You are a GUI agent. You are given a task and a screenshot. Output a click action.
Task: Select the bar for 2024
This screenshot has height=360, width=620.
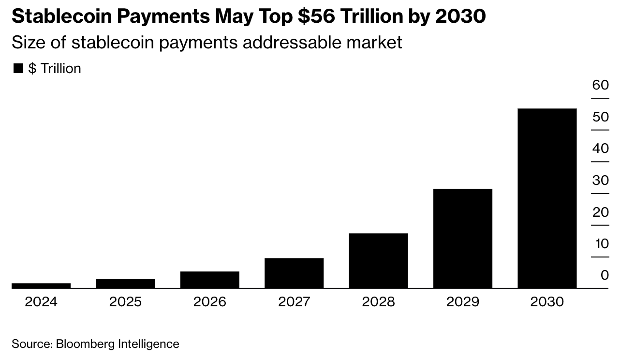[41, 285]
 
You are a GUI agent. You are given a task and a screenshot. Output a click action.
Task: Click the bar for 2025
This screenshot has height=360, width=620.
[125, 284]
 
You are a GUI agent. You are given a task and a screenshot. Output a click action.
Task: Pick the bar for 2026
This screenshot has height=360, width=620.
[209, 280]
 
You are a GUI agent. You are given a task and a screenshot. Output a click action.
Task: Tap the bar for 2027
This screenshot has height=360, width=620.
[294, 273]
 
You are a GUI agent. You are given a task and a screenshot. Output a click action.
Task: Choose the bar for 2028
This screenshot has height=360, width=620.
[378, 261]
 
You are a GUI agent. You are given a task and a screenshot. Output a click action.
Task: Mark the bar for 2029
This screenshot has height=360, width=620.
[462, 239]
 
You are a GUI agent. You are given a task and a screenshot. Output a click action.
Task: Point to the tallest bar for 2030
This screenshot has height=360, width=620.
[547, 198]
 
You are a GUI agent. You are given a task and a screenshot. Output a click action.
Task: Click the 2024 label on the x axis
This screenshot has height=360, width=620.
[41, 302]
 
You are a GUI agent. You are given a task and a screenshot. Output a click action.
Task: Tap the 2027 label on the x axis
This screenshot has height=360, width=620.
[294, 302]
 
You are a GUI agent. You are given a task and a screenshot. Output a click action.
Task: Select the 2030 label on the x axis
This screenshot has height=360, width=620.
[547, 302]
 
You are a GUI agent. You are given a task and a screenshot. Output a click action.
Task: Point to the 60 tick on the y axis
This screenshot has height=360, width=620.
[601, 85]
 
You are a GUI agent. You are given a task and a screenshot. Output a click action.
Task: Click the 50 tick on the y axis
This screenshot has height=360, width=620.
[601, 117]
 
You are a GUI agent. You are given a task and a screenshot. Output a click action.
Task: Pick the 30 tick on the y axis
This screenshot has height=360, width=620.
[601, 180]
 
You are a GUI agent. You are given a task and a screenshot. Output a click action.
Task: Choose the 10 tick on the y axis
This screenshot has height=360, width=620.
[601, 244]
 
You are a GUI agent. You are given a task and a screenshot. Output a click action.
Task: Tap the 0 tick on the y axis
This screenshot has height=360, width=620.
[605, 275]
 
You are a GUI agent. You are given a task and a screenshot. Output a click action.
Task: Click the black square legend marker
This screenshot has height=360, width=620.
[18, 69]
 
